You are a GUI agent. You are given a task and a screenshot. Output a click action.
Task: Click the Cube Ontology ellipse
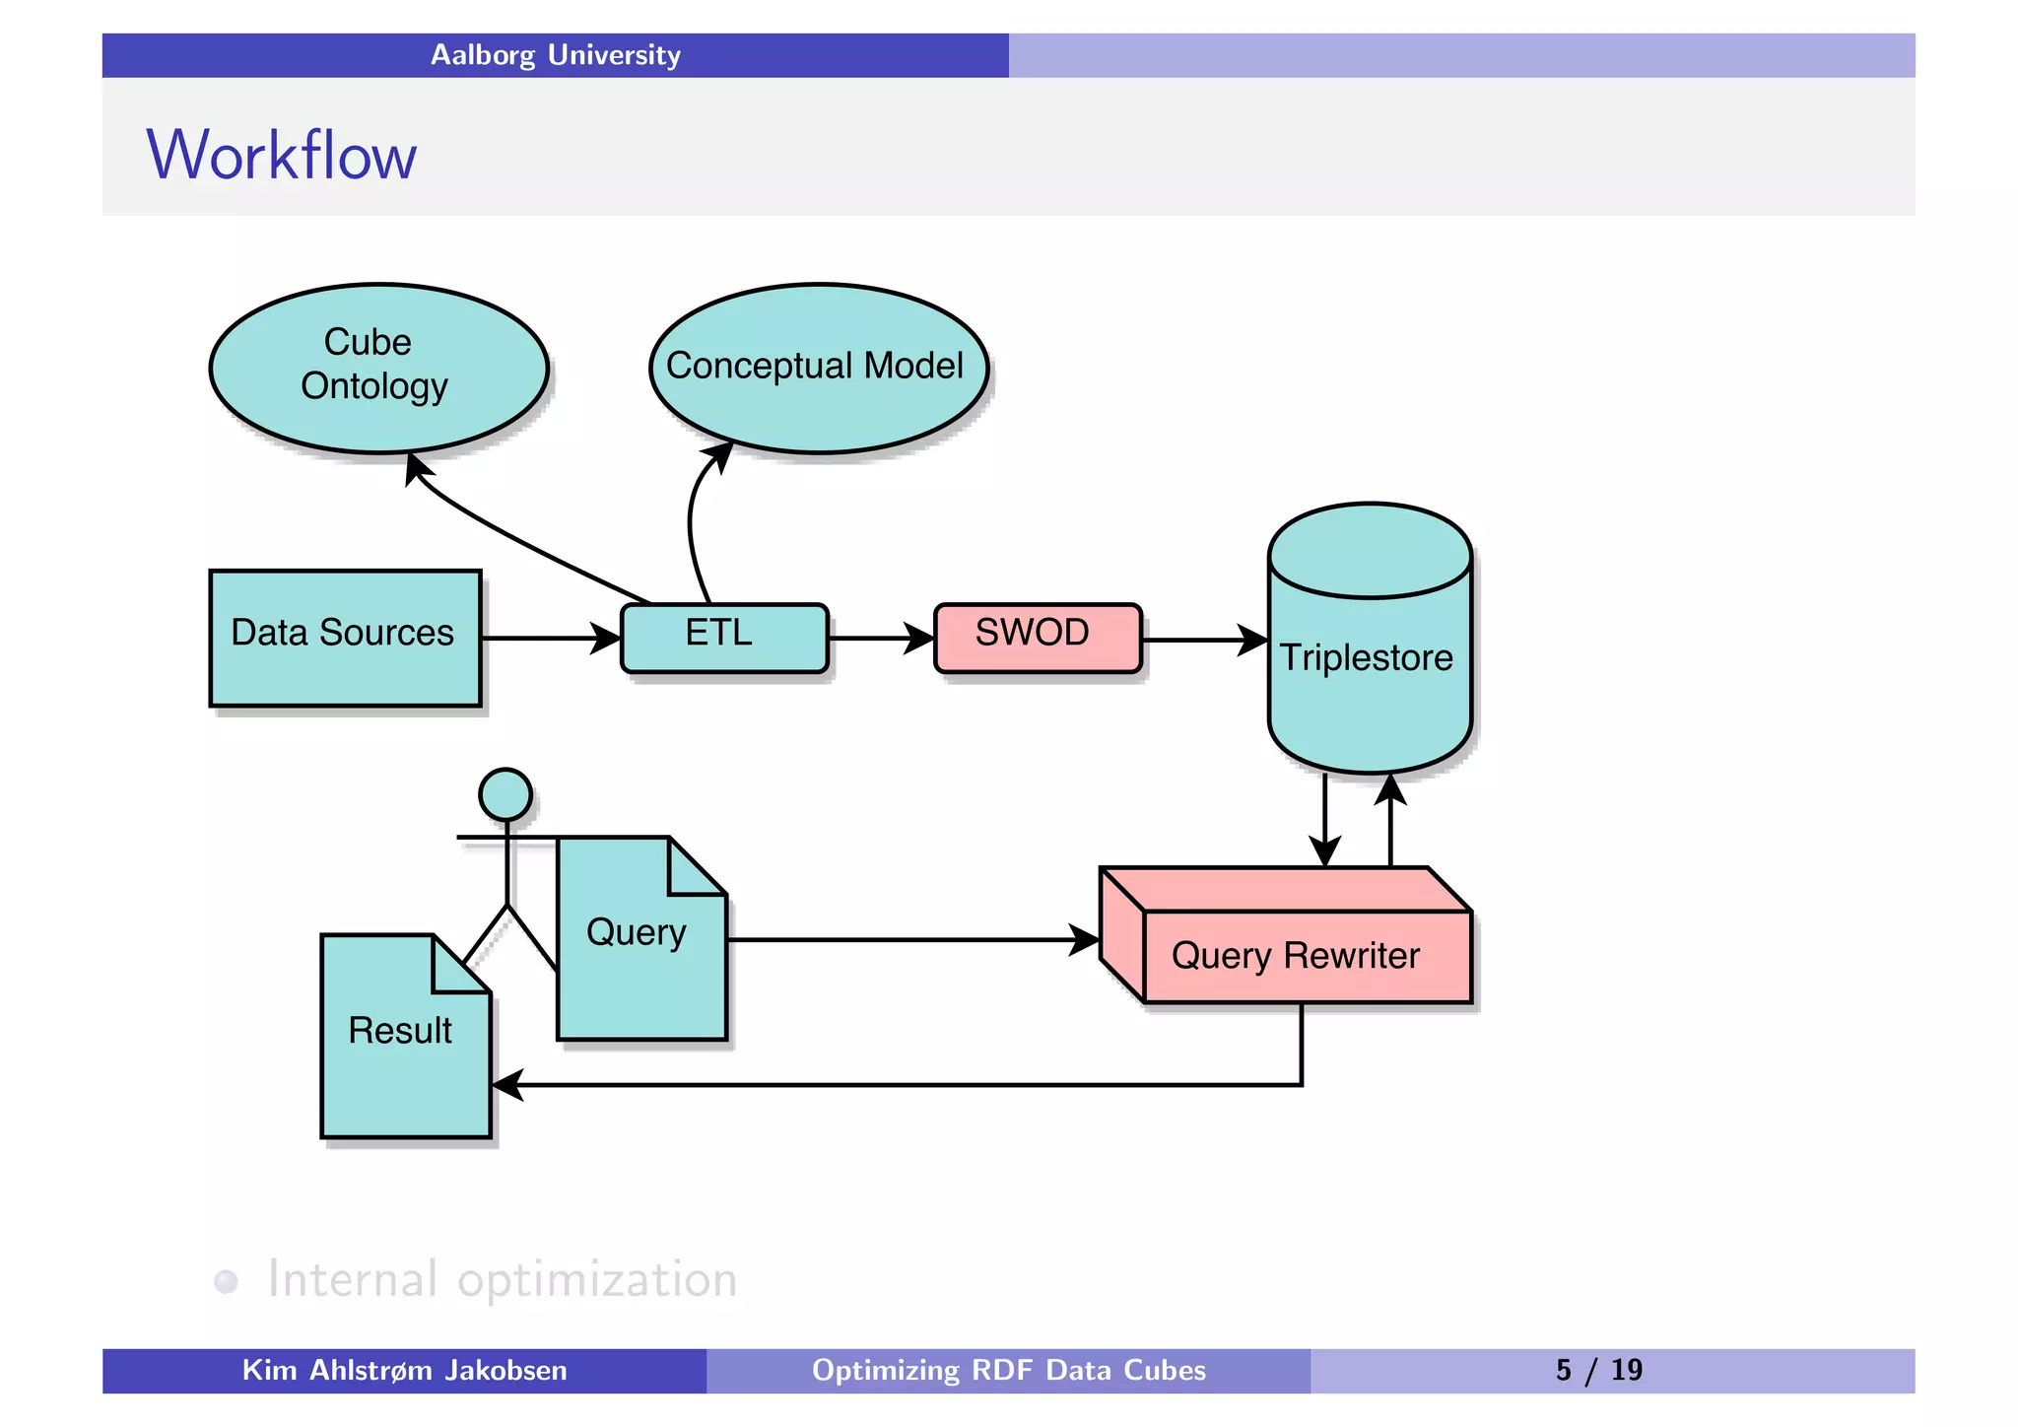click(x=378, y=368)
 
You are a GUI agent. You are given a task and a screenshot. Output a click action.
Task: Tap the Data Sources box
click(x=345, y=637)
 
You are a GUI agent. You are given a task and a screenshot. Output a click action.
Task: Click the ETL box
click(x=724, y=637)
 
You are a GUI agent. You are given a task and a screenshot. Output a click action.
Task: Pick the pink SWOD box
click(x=1037, y=637)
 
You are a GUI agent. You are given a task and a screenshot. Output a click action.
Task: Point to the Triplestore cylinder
click(x=1369, y=658)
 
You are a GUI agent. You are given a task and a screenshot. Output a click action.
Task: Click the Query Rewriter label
click(x=1295, y=956)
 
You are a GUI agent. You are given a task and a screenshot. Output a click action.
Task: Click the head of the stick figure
click(x=505, y=794)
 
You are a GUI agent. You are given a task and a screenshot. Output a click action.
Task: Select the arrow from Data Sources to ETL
click(x=547, y=638)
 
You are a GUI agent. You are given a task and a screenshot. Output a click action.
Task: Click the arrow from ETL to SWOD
click(x=877, y=638)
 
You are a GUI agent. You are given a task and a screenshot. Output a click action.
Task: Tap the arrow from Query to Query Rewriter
click(x=907, y=939)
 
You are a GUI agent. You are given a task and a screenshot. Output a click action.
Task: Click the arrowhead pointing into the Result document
click(x=506, y=1085)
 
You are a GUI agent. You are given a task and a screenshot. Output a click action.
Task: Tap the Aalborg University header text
click(x=556, y=55)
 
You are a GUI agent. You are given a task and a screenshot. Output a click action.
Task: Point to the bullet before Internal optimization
click(x=227, y=1281)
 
